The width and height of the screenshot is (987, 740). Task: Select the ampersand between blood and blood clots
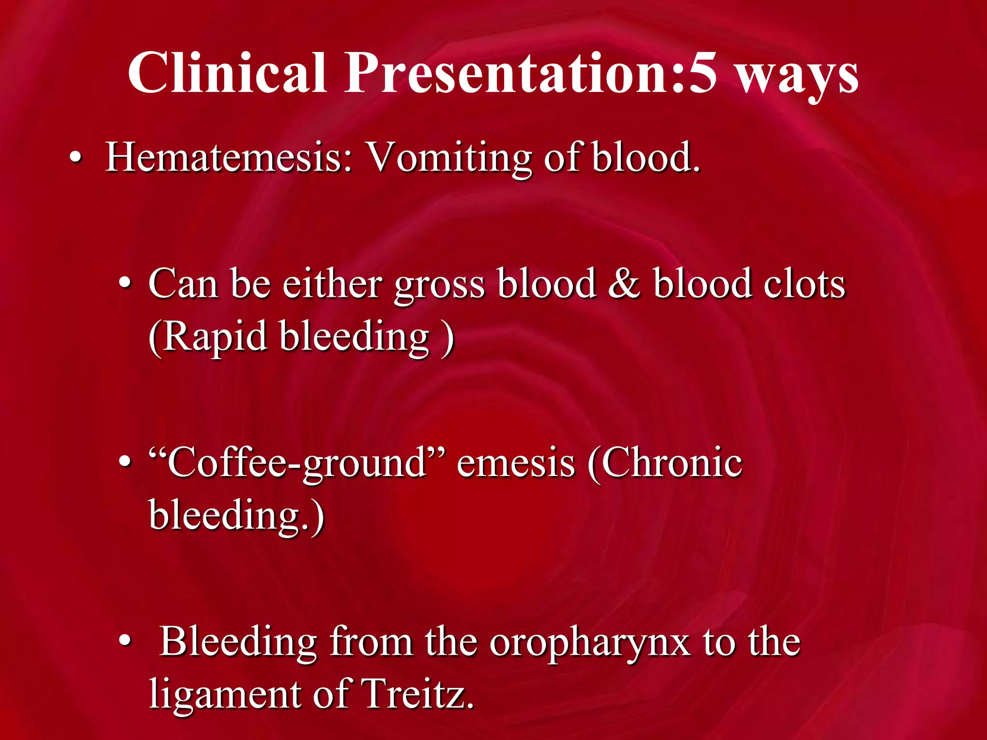point(624,284)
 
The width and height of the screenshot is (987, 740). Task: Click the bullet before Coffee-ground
point(125,462)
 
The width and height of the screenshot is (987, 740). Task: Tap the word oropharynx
point(590,644)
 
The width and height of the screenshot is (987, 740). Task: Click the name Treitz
point(417,694)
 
